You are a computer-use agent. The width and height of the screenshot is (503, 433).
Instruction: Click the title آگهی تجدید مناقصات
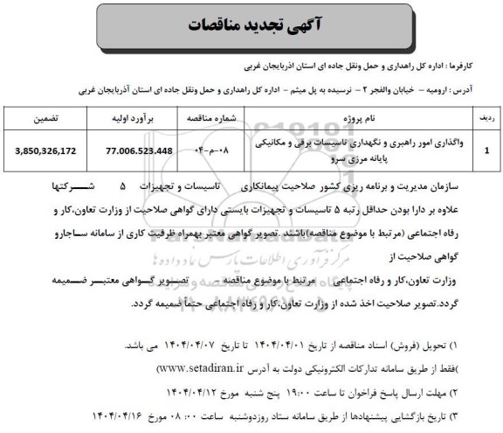[251, 26]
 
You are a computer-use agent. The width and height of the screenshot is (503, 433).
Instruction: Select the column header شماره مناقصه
[202, 115]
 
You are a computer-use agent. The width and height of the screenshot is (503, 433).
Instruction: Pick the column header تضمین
[45, 115]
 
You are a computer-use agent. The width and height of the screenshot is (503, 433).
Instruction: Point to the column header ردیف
[488, 115]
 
